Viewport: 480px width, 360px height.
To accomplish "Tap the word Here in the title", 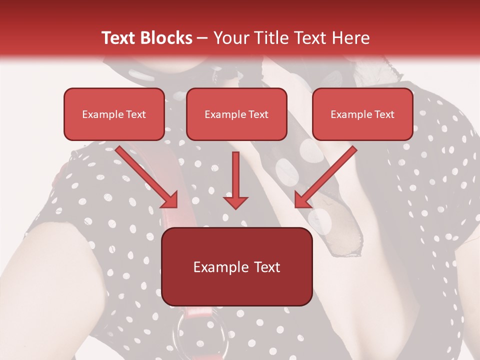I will [x=349, y=38].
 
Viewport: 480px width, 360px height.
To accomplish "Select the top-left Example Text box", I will [x=114, y=114].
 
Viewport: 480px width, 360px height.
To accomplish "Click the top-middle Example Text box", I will [x=236, y=114].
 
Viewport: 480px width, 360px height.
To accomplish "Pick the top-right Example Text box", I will [x=362, y=114].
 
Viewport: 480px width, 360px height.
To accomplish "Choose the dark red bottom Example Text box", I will [x=236, y=267].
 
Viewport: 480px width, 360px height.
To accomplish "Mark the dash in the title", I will [x=202, y=38].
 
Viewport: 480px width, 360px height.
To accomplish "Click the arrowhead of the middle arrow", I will [x=235, y=201].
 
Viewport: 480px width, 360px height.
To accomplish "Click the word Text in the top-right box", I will [x=384, y=114].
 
